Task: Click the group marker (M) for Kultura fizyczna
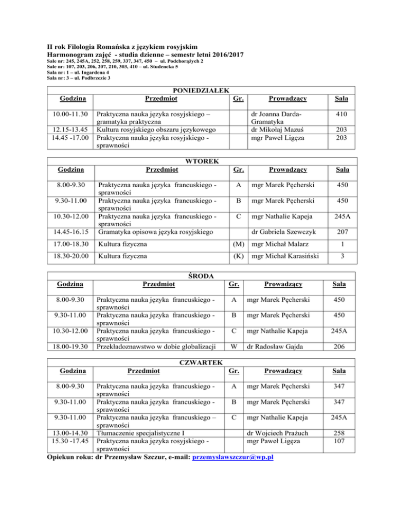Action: [x=236, y=247]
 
